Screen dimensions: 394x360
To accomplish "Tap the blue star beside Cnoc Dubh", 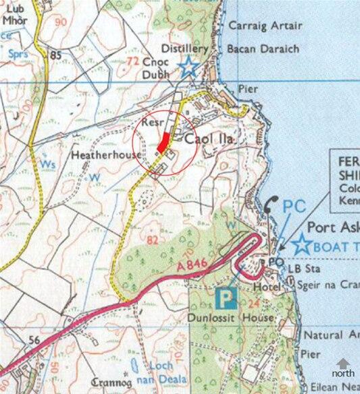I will [x=188, y=66].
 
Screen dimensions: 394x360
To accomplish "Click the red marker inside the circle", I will [x=163, y=142].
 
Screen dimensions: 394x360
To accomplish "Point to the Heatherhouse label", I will [x=107, y=154].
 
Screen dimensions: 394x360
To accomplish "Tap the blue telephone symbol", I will [x=271, y=204].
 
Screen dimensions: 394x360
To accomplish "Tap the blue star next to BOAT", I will [x=301, y=246].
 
